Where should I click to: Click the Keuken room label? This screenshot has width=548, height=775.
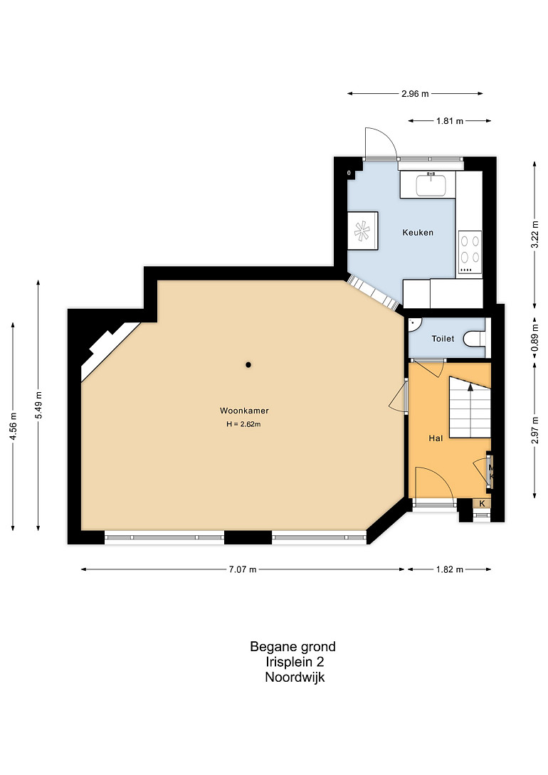click(418, 232)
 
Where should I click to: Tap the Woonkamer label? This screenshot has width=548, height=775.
click(244, 411)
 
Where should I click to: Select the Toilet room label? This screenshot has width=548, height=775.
click(443, 339)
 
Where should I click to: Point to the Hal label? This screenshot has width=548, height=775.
click(436, 438)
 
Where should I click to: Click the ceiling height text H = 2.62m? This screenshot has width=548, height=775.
click(243, 424)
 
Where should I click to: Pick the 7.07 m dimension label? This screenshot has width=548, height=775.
click(243, 569)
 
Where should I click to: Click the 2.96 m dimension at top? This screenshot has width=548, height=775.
click(415, 93)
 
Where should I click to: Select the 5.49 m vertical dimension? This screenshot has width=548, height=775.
click(38, 405)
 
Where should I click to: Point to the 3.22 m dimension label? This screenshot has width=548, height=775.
click(534, 234)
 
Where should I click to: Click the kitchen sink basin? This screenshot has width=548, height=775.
click(431, 185)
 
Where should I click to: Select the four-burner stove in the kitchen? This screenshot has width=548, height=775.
click(470, 252)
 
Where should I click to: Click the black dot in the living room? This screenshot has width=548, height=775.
click(248, 365)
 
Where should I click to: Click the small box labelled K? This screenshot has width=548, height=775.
click(483, 504)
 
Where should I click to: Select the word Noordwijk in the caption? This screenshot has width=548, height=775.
click(295, 677)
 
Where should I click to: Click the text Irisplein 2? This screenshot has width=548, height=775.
click(295, 662)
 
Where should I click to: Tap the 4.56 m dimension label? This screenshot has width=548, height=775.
click(14, 426)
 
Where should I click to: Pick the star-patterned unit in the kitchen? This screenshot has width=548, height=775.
click(363, 231)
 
